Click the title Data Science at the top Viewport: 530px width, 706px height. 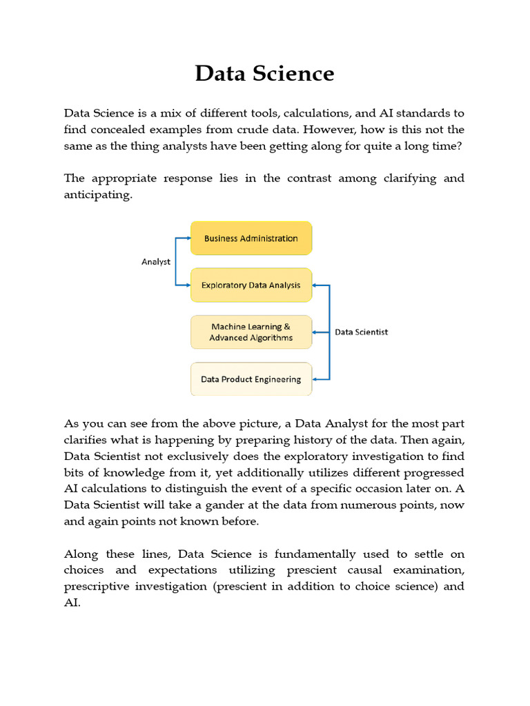click(264, 73)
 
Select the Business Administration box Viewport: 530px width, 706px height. click(251, 239)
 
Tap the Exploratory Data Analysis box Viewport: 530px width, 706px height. click(251, 285)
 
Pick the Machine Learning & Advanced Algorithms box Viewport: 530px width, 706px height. click(251, 332)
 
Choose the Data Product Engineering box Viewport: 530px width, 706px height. click(251, 379)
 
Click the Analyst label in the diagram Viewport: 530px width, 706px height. click(156, 262)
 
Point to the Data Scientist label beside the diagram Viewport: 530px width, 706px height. click(361, 332)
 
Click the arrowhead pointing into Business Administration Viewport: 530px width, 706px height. click(188, 239)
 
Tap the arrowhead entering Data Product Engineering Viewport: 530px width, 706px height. click(315, 379)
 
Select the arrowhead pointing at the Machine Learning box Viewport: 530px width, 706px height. click(315, 332)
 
